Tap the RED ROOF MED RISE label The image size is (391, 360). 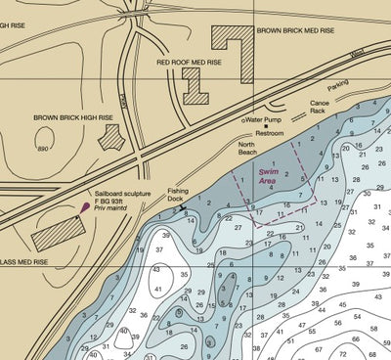point(190,62)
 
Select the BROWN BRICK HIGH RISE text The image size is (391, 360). point(73,118)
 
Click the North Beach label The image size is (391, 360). point(250,148)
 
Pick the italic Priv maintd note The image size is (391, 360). point(115,212)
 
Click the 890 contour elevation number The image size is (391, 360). point(42,150)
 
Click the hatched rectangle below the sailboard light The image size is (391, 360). point(60,234)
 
